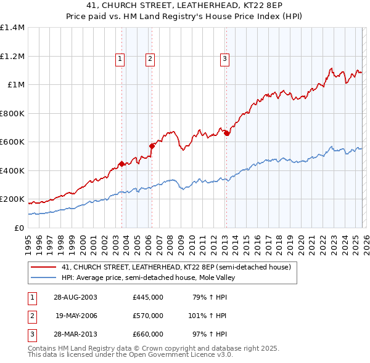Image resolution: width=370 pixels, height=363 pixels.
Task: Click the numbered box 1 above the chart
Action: [x=119, y=59]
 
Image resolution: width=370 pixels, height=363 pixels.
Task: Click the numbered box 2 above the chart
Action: [x=150, y=59]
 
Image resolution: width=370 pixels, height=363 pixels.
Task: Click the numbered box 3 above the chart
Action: [x=224, y=59]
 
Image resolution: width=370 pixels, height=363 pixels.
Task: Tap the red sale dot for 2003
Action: [x=122, y=164]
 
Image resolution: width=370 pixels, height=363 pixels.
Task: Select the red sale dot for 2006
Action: [x=152, y=146]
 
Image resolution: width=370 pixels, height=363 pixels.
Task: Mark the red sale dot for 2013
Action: [x=226, y=133]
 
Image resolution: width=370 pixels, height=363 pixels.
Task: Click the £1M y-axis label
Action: [x=16, y=85]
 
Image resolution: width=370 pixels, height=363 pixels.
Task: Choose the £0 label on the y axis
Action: [x=20, y=228]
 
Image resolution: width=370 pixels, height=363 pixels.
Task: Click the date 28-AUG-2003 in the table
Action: [x=76, y=297]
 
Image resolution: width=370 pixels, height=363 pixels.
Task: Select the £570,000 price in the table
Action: [x=147, y=316]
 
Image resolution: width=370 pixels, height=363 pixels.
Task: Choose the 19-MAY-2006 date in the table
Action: [x=76, y=316]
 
